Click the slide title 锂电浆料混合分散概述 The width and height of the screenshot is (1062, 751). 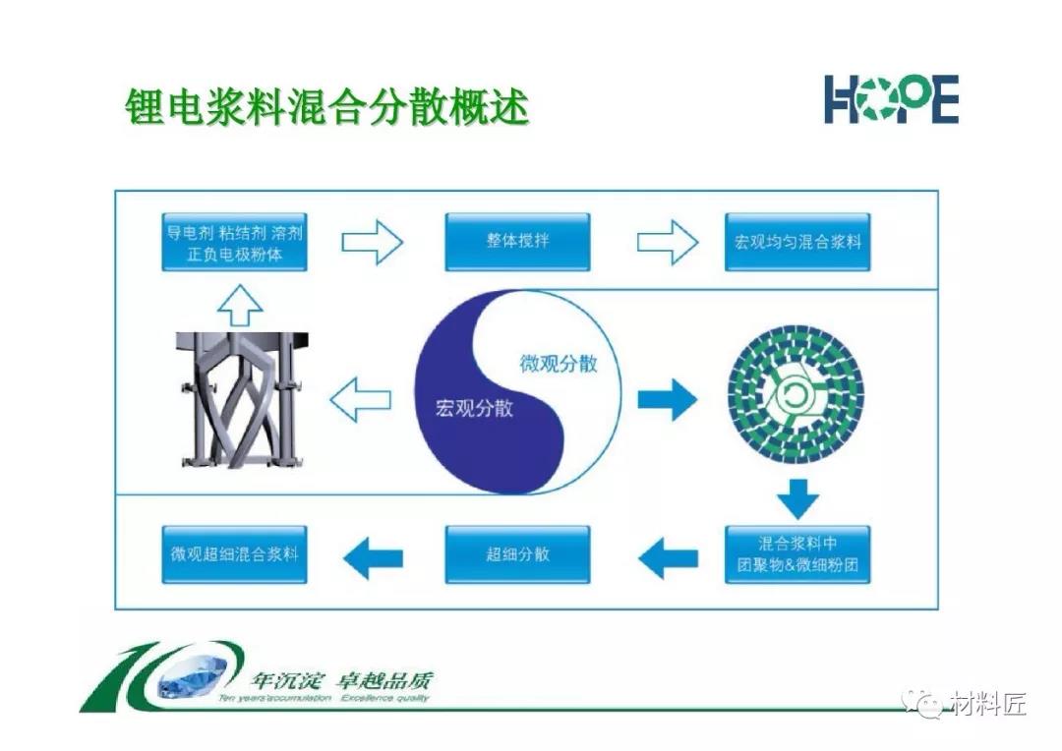[326, 105]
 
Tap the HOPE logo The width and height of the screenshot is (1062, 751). [891, 99]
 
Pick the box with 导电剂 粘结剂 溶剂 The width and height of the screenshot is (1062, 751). [234, 242]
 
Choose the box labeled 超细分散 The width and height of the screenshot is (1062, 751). [517, 554]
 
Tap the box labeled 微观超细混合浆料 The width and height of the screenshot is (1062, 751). [234, 554]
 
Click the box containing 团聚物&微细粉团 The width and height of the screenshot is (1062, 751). [797, 554]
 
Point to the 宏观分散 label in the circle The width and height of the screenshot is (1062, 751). [474, 408]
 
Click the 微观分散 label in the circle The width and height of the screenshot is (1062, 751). [558, 364]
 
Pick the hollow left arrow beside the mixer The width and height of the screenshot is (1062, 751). [360, 400]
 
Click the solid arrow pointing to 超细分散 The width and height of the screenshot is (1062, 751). [669, 558]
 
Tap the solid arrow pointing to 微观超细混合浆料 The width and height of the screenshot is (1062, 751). [372, 558]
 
